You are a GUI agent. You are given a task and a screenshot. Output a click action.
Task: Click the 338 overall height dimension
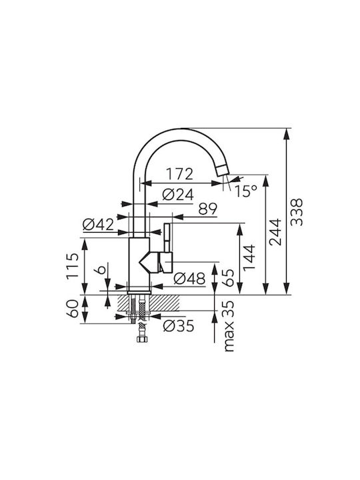[x=297, y=212]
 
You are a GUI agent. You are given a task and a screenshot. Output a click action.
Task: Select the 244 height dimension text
[x=275, y=232]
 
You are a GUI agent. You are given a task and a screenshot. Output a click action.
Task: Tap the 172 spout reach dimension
[x=180, y=174]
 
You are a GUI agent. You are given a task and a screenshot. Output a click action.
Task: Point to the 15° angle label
[x=246, y=191]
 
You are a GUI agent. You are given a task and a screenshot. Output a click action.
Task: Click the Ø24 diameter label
[x=178, y=195]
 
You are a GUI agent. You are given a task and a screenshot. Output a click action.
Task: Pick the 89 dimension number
[x=207, y=209]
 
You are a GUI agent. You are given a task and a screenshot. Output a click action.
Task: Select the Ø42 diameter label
[x=98, y=225]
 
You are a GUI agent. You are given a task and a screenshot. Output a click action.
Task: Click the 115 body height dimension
[x=73, y=266]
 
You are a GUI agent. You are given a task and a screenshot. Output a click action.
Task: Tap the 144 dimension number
[x=249, y=257]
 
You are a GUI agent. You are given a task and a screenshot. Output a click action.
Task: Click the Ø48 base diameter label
[x=189, y=279]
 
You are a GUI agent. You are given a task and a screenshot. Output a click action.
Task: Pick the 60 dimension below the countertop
[x=73, y=309]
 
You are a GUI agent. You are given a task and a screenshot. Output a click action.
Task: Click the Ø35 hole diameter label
[x=179, y=326]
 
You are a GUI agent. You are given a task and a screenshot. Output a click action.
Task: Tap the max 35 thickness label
[x=229, y=326]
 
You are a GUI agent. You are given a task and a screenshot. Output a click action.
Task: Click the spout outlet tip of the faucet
[x=222, y=170]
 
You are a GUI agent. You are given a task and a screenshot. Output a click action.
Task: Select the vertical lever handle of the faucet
[x=168, y=237]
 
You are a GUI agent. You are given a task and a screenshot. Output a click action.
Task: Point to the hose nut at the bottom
[x=141, y=339]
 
